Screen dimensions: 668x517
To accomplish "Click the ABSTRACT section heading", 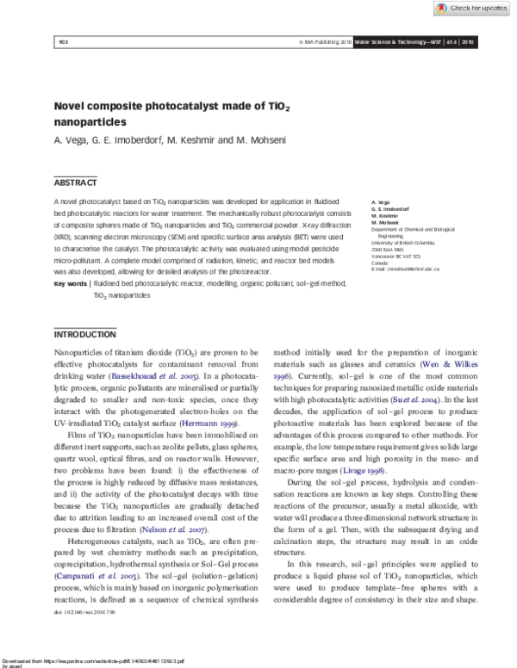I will click(x=70, y=182).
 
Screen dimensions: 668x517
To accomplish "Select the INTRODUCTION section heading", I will click(x=84, y=310).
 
